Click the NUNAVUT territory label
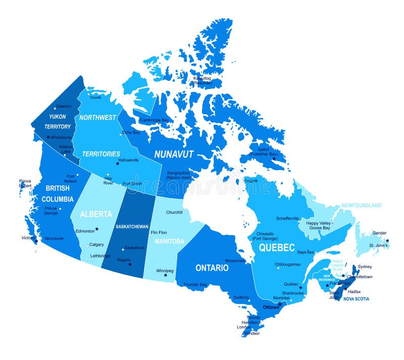[174, 154]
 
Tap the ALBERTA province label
[96, 214]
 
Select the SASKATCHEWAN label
[132, 227]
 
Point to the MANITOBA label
[169, 241]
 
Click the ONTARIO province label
[212, 267]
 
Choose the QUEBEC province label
[276, 248]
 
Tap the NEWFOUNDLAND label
[361, 206]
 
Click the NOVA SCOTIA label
[356, 299]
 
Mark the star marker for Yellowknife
[117, 163]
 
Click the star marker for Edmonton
[97, 229]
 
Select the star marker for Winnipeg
[165, 275]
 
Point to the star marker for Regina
[130, 264]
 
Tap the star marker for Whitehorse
[48, 137]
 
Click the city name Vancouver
[54, 238]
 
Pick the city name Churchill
[174, 212]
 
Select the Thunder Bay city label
[195, 285]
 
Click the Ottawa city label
[271, 307]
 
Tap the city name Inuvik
[95, 97]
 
